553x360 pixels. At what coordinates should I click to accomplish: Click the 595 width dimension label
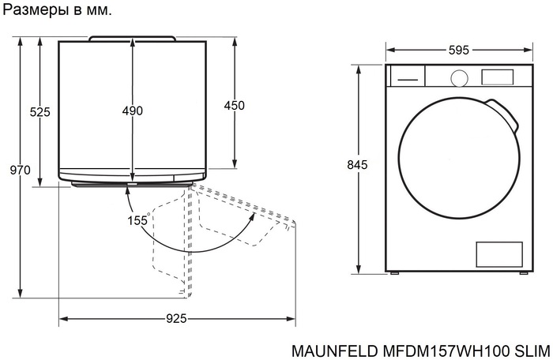tap(458, 50)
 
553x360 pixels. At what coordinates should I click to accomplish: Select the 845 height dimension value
tap(358, 165)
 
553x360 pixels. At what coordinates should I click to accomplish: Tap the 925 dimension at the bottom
tap(176, 319)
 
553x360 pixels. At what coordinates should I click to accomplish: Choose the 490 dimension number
tap(132, 111)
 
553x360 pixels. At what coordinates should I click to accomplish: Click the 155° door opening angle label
tap(138, 221)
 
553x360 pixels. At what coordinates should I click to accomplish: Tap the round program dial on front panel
tap(458, 77)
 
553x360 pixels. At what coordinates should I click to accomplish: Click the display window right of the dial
tap(497, 77)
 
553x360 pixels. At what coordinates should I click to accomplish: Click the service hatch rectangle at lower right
tap(498, 253)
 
